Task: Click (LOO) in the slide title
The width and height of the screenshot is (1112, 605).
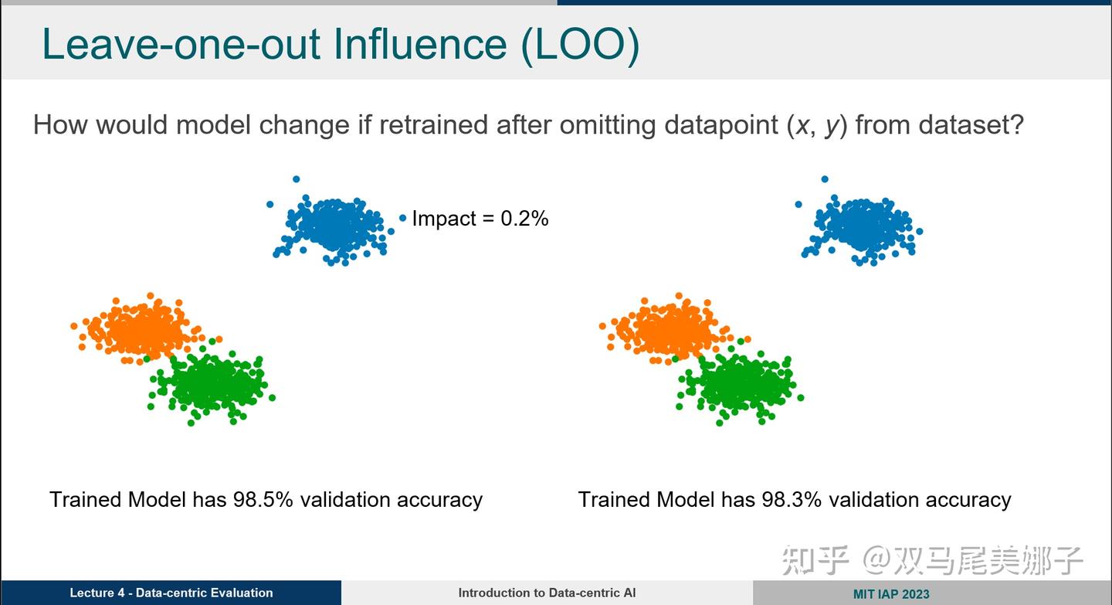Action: click(579, 44)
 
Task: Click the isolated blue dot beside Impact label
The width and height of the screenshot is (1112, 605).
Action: click(402, 219)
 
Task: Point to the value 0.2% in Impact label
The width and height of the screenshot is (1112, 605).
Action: click(524, 219)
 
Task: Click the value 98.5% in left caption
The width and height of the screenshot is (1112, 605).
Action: click(263, 500)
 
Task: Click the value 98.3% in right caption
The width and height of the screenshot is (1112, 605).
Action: click(791, 500)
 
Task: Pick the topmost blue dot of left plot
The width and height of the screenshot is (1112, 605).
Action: click(296, 179)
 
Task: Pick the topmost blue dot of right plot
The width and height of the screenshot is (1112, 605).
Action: click(825, 179)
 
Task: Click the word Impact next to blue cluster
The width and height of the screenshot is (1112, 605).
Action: click(444, 219)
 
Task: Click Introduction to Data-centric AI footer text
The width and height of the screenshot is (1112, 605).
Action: click(547, 593)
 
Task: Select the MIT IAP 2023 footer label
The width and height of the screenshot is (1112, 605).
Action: click(891, 594)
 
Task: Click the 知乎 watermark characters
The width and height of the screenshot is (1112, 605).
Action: click(815, 559)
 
